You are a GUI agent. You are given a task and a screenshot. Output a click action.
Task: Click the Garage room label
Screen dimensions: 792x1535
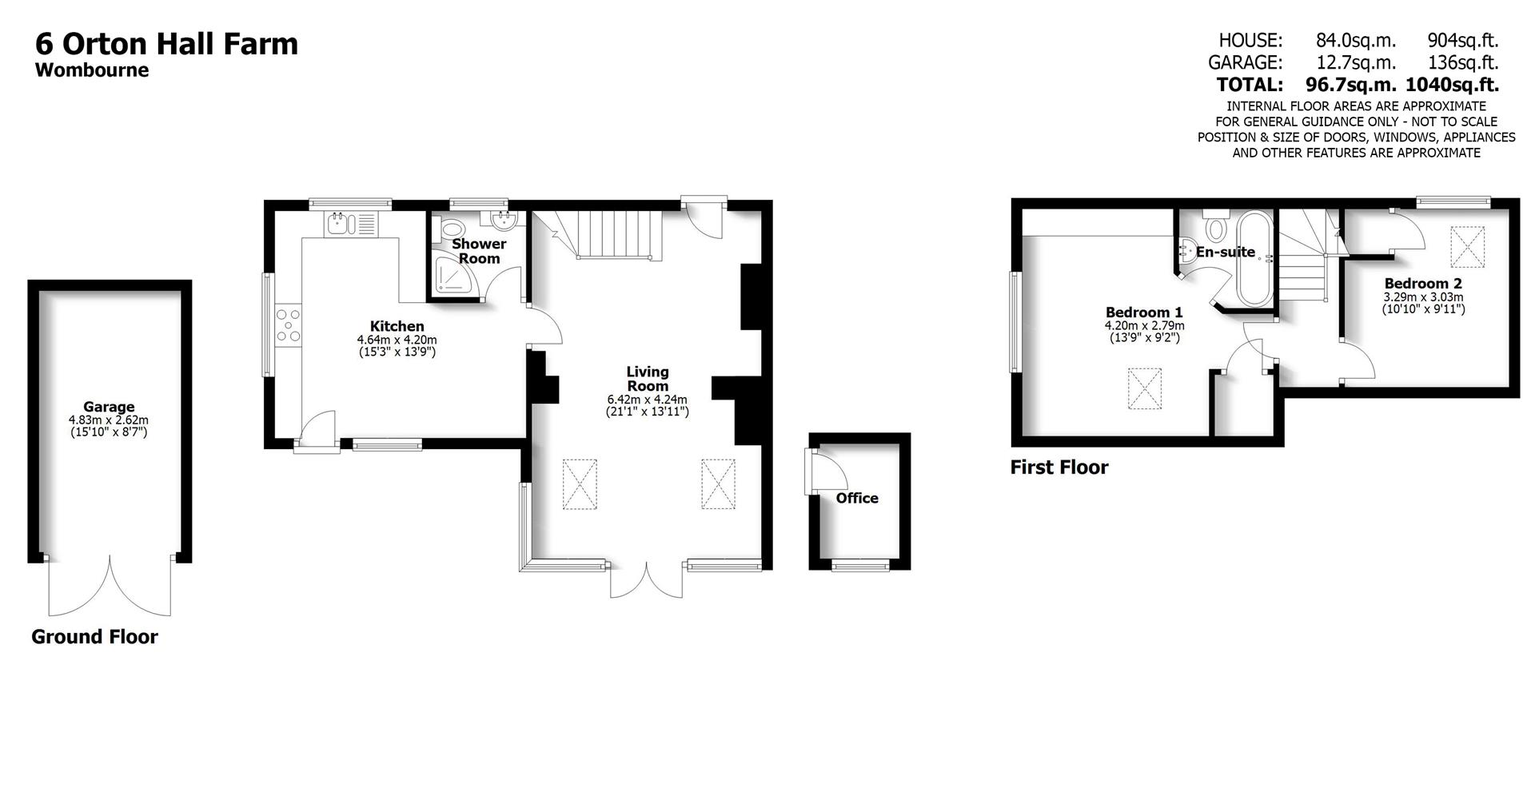pos(109,407)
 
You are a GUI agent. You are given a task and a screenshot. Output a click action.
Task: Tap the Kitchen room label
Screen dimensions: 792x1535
pos(397,326)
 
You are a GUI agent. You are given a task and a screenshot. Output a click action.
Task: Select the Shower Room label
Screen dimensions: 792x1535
pos(479,251)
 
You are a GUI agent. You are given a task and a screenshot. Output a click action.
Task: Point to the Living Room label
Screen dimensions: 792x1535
pos(648,379)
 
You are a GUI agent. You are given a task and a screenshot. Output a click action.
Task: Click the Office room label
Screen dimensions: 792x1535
pos(857,498)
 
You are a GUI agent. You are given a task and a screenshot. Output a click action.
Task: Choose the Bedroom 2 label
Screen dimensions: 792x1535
pos(1423,283)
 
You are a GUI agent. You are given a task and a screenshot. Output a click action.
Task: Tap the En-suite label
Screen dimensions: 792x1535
pos(1226,252)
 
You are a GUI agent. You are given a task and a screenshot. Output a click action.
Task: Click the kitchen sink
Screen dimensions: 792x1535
pos(350,223)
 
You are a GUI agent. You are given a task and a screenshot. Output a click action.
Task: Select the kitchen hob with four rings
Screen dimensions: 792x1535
pos(288,326)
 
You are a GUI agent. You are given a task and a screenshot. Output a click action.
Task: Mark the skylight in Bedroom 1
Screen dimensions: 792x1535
pos(1145,388)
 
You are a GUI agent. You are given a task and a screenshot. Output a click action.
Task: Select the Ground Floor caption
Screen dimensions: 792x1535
pos(94,637)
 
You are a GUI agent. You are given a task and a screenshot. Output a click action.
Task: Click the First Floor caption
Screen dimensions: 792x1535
pos(1059,468)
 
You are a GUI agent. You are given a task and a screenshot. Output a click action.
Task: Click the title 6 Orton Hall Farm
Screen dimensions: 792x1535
pos(166,43)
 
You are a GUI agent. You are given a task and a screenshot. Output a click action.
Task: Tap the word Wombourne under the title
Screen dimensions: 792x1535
pos(92,70)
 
